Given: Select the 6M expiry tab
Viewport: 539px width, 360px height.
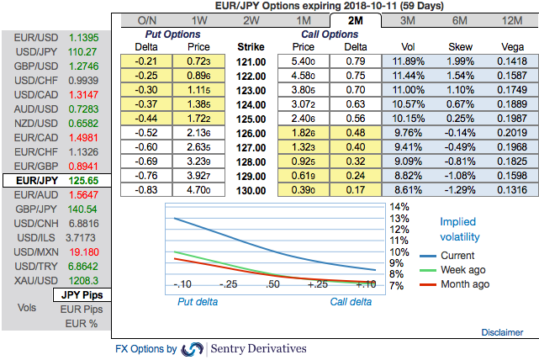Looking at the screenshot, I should tap(459, 20).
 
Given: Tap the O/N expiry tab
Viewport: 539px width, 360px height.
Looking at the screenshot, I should tap(146, 20).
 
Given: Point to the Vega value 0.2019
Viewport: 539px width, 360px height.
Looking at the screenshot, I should tap(509, 131).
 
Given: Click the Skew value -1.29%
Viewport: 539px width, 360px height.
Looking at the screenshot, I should tap(458, 190).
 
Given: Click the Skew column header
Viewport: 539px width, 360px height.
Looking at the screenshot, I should tap(458, 46).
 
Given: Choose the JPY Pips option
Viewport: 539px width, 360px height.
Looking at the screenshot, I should tap(82, 294).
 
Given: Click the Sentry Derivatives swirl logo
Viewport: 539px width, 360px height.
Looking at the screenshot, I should tap(192, 348).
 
